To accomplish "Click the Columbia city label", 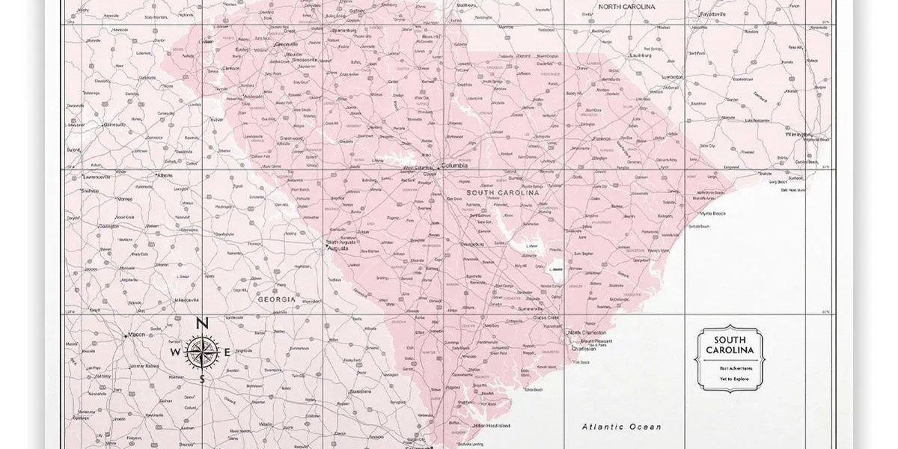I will pos(454,165).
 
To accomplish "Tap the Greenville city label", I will pos(287,44).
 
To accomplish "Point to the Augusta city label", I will pos(337,248).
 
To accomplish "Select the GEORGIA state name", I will pos(278,299).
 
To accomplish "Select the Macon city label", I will pos(136,335).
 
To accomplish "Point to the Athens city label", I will pos(163,175).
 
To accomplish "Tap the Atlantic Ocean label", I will pos(622,427).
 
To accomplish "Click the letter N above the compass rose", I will pos(201,324).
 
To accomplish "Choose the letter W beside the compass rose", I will pos(175,352).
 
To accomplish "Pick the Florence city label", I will pos(601,138).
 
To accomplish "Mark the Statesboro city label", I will pos(360,391).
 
